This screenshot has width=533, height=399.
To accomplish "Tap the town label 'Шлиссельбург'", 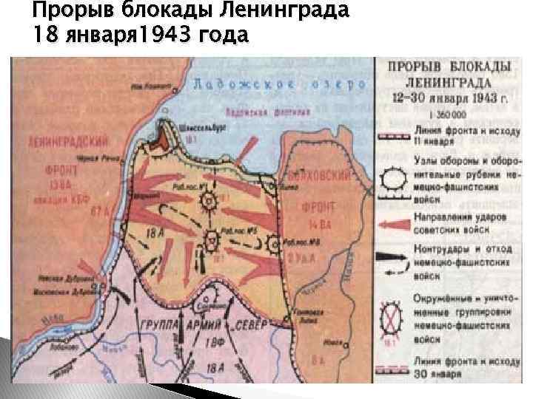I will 198,127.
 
